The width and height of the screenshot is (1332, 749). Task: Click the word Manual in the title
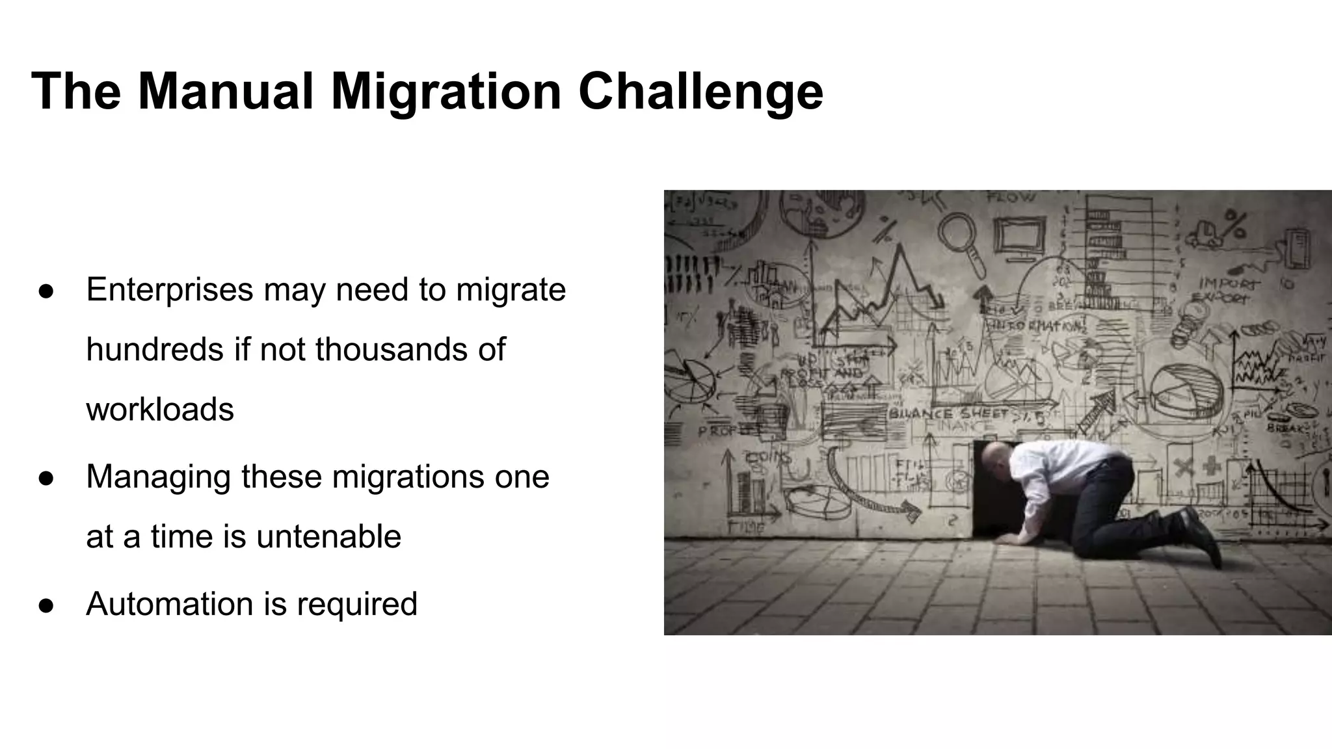[225, 91]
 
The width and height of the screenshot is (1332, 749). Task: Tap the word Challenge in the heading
[700, 92]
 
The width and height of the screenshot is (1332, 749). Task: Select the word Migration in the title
[446, 92]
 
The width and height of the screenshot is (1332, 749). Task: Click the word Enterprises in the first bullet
[169, 289]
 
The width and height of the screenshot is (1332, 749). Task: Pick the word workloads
[160, 410]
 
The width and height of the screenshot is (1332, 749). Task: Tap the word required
[357, 605]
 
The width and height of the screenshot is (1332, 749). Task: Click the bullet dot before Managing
[46, 478]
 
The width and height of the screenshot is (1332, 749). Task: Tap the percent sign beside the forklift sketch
[1234, 224]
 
